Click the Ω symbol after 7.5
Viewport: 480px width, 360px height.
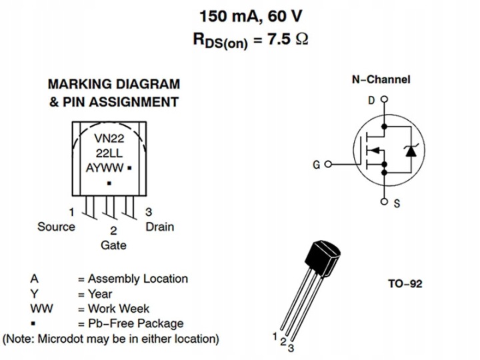point(302,39)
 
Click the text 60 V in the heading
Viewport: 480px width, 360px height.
point(285,16)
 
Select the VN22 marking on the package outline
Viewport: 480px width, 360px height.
point(109,139)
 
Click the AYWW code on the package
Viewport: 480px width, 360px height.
point(105,168)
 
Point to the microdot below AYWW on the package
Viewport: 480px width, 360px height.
point(109,183)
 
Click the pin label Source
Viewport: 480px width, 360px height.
point(56,227)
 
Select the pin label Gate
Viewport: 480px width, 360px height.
point(113,245)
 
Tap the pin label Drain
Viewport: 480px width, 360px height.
point(160,227)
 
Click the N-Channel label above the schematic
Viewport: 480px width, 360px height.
point(381,79)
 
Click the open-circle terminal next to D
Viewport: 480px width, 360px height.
point(384,99)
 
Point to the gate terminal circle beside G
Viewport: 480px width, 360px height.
point(328,165)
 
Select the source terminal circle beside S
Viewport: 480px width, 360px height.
point(384,201)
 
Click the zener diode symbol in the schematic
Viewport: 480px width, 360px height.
point(411,151)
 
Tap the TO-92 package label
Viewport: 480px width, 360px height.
point(405,284)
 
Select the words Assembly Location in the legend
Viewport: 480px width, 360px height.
point(138,279)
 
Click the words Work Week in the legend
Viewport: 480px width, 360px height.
point(119,309)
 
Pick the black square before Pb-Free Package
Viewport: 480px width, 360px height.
point(33,323)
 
